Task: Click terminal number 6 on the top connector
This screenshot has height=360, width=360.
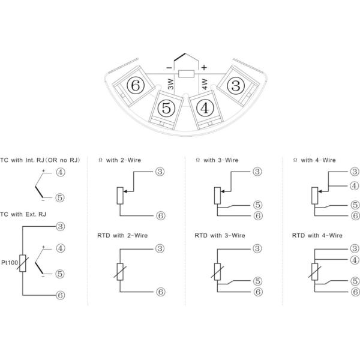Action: [x=135, y=86]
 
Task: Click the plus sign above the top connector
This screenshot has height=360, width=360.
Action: [x=204, y=67]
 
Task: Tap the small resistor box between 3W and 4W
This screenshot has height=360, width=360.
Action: [x=187, y=74]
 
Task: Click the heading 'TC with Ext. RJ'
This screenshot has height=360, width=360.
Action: [x=23, y=215]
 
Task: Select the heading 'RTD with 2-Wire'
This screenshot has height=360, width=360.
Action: [x=123, y=236]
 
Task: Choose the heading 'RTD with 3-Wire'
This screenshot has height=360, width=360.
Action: [x=220, y=236]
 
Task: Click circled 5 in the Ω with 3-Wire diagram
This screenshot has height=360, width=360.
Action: [x=257, y=204]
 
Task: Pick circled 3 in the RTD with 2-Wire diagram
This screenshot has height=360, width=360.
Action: [x=160, y=248]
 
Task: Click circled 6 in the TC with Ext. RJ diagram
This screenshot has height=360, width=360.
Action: [x=60, y=294]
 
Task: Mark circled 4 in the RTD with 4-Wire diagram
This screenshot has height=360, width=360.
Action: [x=354, y=260]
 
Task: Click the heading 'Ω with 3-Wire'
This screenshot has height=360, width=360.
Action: [x=217, y=160]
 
